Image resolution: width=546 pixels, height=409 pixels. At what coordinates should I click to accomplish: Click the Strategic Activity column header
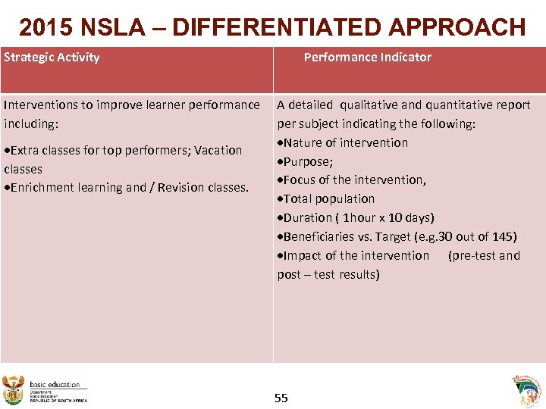click(52, 57)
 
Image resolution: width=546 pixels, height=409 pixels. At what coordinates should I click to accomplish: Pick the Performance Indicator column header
click(367, 57)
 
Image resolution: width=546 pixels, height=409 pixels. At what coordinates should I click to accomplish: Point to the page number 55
click(281, 398)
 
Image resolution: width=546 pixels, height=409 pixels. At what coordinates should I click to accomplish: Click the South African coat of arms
click(14, 390)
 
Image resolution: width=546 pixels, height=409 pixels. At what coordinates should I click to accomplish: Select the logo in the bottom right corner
click(527, 391)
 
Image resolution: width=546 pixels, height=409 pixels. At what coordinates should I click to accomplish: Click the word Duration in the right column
click(307, 217)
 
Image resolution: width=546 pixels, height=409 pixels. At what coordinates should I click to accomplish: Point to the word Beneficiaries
click(319, 236)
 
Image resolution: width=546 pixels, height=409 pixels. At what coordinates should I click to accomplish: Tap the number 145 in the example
click(504, 236)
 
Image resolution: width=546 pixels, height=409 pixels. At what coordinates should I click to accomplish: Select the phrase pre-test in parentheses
click(473, 255)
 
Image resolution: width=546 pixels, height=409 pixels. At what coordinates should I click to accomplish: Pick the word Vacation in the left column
click(218, 150)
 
